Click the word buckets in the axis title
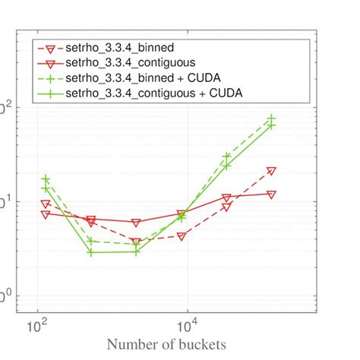pos(197,344)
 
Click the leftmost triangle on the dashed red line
pos(46,204)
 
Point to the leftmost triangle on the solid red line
pos(46,214)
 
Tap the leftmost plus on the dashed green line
pos(46,179)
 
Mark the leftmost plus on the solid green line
pos(46,188)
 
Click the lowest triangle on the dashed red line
pos(136,242)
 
